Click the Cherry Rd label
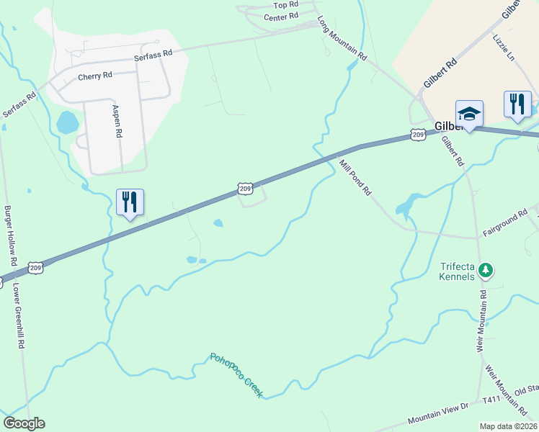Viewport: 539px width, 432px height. tap(95, 76)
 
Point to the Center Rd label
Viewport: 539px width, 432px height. tap(281, 17)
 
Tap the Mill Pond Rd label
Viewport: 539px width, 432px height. tap(355, 178)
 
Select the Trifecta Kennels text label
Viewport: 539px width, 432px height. tap(458, 271)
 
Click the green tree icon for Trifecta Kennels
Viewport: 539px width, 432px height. tap(487, 269)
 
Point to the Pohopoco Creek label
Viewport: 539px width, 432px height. tap(236, 375)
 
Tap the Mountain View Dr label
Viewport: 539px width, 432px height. tap(438, 414)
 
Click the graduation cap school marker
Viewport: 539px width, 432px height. tap(469, 113)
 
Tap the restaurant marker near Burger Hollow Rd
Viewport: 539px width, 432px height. tap(130, 202)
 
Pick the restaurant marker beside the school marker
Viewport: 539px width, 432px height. tap(517, 104)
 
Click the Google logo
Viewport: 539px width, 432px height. tap(24, 423)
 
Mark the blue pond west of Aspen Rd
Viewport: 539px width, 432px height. tap(67, 122)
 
